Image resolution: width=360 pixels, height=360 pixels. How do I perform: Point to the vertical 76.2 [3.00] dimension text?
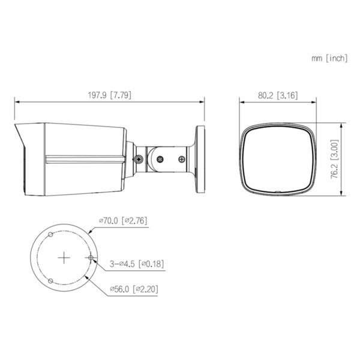(352, 160)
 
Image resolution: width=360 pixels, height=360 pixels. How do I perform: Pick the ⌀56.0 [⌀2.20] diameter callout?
(133, 289)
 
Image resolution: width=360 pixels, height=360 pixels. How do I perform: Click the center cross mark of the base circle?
(64, 257)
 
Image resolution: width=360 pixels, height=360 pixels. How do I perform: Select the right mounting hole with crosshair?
(90, 257)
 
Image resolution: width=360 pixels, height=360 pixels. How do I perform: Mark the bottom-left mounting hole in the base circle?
(50, 280)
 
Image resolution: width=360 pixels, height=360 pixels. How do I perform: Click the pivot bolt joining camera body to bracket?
(138, 160)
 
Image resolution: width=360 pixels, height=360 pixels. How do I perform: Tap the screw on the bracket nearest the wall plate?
(182, 160)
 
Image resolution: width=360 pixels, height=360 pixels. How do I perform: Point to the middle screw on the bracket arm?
(160, 159)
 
